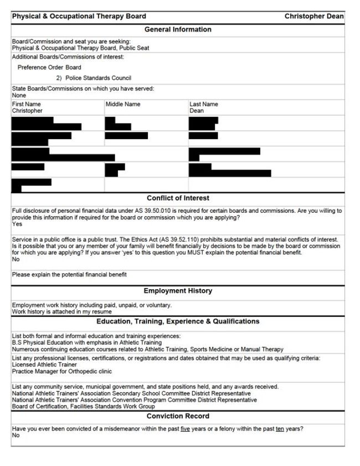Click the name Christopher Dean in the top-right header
[313, 17]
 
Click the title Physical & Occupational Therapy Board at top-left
[79, 17]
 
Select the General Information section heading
[178, 29]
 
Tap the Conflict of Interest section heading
[178, 198]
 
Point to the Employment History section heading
[178, 291]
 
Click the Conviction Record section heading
[178, 416]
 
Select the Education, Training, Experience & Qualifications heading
[178, 321]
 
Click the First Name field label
[27, 104]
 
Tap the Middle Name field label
[123, 104]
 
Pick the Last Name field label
[204, 104]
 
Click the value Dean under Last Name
[197, 111]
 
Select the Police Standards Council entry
[98, 78]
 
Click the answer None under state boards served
[19, 95]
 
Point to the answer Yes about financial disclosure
[17, 224]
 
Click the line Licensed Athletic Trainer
[44, 365]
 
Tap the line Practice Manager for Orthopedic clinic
[61, 371]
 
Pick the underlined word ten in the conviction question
[280, 429]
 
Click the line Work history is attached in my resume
[61, 312]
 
